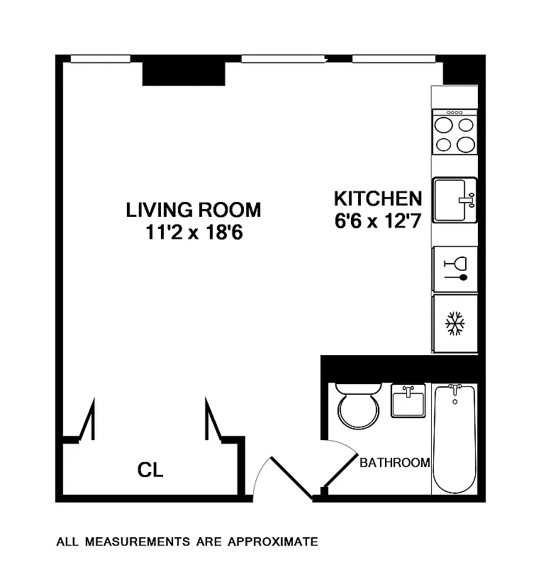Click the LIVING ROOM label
coord(193,210)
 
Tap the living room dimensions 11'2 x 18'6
coord(193,232)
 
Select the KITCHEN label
coord(378,198)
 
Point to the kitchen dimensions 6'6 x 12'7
coord(378,220)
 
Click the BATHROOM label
coord(394,463)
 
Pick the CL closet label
coord(150,470)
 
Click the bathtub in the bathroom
coord(454,437)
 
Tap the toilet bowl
coord(357,410)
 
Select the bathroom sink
coord(408,401)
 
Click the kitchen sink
coord(454,200)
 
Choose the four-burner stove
coord(454,133)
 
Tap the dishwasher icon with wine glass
coord(454,269)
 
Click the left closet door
coord(87,421)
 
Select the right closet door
coord(213,421)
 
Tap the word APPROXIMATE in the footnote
coord(273,542)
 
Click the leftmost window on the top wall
coord(100,59)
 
